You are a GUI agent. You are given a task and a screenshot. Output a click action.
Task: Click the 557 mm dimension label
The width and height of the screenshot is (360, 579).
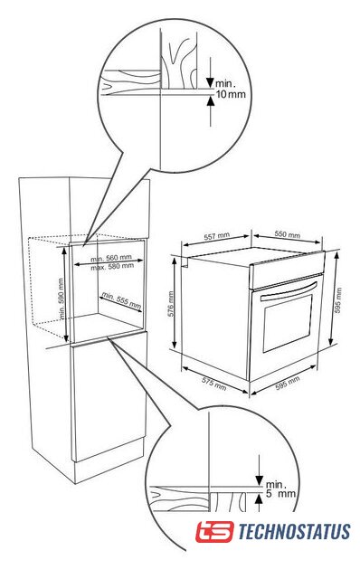coord(217,236)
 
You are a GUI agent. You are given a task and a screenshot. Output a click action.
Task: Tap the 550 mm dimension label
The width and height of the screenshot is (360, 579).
coord(288,234)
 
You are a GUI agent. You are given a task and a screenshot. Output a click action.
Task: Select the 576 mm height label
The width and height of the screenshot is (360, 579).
coord(171,304)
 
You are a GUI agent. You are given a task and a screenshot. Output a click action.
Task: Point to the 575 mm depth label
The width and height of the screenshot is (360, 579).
coord(214,384)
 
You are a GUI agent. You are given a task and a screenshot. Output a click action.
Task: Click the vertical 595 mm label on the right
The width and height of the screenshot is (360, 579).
coord(338,300)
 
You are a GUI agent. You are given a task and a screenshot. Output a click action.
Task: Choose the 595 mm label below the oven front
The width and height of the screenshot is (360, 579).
coord(288,384)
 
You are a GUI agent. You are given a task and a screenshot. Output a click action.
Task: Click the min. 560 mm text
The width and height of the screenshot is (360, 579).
coord(111,258)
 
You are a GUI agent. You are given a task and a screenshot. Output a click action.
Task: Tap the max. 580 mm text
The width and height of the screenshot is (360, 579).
coord(112,266)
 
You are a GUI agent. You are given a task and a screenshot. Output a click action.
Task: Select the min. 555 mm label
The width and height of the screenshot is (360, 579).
coord(121,300)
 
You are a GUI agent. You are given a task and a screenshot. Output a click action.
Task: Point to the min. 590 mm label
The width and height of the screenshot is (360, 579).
coord(62,299)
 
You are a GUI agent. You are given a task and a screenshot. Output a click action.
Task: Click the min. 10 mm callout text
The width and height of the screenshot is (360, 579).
coord(231,89)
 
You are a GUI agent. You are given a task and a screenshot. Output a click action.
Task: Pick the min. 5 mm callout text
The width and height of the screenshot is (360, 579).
coord(280,489)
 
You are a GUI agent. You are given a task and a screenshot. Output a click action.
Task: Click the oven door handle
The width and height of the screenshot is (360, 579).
coord(289,291)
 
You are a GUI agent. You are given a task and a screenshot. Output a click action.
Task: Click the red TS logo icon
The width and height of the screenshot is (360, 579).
coord(214,531)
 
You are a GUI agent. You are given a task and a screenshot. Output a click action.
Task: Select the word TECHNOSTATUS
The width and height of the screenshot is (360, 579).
coord(294,531)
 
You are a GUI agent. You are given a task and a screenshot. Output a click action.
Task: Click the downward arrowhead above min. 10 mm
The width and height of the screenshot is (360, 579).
coord(210,82)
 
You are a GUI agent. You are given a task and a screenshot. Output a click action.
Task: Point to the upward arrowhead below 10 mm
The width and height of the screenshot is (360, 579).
coord(211,100)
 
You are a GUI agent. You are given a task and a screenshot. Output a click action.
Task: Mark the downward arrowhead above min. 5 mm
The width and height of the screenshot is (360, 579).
coord(260,481)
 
